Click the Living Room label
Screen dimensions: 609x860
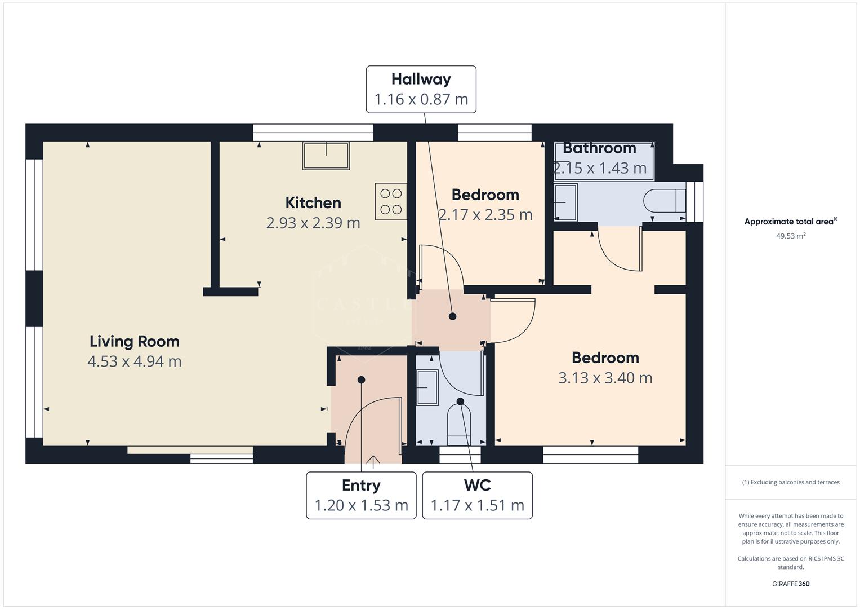point(135,341)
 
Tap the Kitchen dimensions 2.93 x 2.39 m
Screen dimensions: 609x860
point(313,223)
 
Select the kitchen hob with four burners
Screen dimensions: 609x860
point(391,201)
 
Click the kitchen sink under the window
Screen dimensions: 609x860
point(326,156)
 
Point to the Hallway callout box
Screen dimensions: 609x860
point(421,89)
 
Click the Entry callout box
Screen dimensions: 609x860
point(361,495)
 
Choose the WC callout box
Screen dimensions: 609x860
point(477,495)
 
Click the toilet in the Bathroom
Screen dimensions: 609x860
point(665,201)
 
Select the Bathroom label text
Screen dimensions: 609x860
point(599,148)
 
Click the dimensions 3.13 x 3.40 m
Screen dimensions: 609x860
point(605,378)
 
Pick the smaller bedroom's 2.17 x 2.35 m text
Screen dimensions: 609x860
point(485,215)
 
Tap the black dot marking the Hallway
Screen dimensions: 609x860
point(452,316)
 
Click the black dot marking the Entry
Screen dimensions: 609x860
point(361,379)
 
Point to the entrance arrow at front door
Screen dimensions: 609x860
point(373,461)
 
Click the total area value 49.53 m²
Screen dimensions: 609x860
point(791,236)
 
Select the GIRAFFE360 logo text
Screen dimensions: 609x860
point(791,584)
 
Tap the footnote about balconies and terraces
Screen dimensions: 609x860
point(791,482)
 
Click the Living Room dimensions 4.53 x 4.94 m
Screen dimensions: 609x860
point(135,361)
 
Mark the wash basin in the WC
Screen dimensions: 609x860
point(427,387)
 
